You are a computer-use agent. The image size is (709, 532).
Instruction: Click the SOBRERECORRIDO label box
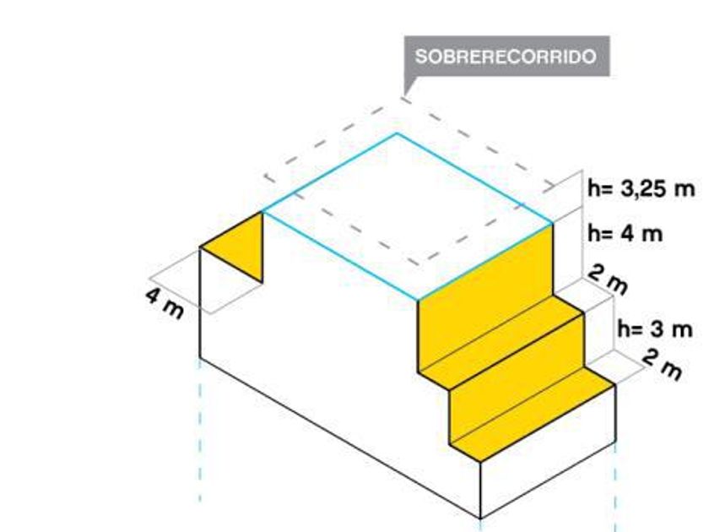(x=506, y=57)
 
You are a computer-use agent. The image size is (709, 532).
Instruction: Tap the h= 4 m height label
(x=625, y=233)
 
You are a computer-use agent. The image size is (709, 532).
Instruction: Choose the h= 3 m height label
(x=655, y=328)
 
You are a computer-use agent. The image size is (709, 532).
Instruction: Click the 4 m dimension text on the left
(x=163, y=302)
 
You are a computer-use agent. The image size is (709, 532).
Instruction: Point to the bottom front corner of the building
(x=480, y=518)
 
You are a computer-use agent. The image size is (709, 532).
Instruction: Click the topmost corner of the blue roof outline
(x=397, y=133)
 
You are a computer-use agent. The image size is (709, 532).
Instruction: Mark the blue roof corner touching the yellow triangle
(x=262, y=211)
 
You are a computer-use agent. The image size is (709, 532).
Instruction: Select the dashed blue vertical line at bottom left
(x=200, y=431)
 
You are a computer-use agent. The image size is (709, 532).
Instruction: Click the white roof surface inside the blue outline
(x=405, y=215)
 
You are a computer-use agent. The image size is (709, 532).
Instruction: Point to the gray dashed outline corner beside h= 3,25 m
(x=555, y=188)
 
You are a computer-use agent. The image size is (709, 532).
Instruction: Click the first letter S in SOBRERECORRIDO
(x=420, y=57)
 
